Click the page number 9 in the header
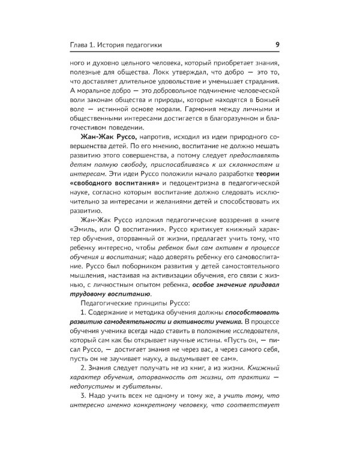pyautogui.click(x=274, y=44)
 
